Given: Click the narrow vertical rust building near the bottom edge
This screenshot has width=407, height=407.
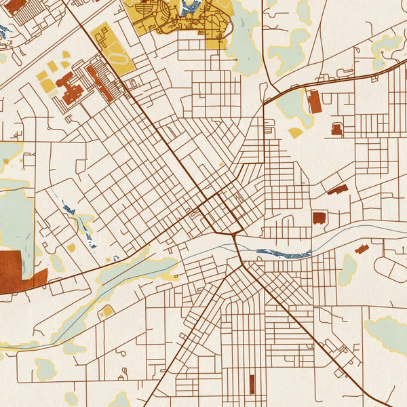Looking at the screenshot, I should (x=252, y=385).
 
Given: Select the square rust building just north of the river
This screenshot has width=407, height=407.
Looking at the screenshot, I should (x=319, y=218).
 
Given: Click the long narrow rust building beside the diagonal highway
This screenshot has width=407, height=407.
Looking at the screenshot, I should (x=100, y=83).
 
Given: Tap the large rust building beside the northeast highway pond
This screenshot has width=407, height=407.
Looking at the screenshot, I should (x=315, y=102).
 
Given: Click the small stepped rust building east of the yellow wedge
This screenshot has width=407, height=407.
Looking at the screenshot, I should (x=336, y=129).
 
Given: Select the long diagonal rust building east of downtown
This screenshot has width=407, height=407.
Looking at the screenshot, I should (x=337, y=189).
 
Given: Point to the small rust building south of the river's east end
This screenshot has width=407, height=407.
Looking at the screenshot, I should (x=362, y=249).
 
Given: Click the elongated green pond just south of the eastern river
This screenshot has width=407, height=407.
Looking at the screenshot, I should (x=347, y=269).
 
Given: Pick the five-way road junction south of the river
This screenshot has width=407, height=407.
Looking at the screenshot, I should (x=240, y=265).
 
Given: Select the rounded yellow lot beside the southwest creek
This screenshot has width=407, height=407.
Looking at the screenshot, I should (x=106, y=311).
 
